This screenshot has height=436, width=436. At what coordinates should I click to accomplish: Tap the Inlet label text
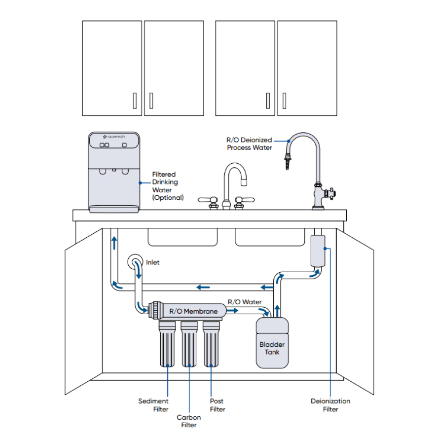pos(153,262)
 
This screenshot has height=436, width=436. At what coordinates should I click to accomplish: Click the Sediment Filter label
pos(153,405)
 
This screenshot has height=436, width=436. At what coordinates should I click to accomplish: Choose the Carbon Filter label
pos(188,421)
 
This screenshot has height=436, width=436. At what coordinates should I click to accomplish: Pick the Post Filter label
pos(217,405)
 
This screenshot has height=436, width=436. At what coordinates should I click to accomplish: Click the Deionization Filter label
pos(330,405)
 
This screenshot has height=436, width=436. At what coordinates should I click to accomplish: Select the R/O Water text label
pos(245,302)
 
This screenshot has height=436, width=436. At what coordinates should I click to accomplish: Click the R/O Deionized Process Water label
pos(249,144)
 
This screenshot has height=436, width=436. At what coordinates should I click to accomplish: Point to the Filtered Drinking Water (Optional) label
pos(168,186)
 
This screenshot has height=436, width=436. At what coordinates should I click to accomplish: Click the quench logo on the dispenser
pos(114,137)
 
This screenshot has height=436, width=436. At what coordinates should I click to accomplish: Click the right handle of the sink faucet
pos(246,200)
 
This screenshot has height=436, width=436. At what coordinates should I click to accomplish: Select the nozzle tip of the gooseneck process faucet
pos(287,163)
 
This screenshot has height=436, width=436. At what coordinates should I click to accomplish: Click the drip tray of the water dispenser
pos(113,209)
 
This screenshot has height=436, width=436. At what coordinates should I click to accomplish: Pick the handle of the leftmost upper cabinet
pos(134,101)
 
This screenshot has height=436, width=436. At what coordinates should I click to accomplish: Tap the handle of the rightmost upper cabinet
pos(284,101)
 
